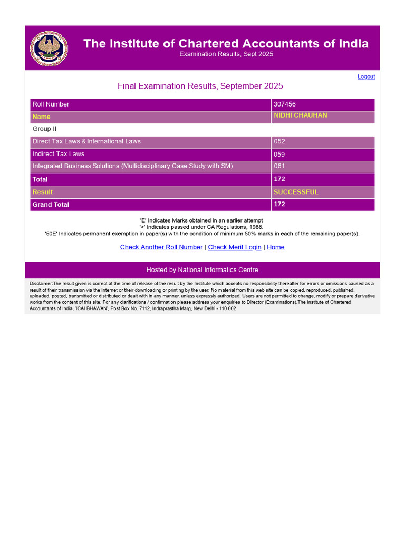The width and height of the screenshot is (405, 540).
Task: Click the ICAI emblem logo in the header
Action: coord(49,48)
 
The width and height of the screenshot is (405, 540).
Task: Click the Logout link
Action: coord(366,76)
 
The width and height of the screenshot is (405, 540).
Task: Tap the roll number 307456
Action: coord(285,104)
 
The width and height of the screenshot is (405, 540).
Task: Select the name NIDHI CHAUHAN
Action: coord(300,115)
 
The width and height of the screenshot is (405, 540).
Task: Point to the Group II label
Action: coord(44,129)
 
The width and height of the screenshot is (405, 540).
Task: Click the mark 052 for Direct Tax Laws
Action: coord(279,141)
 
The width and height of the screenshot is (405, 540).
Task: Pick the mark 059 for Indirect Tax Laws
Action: coord(279,155)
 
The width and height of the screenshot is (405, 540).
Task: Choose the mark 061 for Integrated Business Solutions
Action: coord(279,167)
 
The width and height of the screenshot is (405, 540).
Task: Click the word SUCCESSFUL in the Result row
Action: coord(296,192)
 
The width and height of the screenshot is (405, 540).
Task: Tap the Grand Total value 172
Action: coord(279,204)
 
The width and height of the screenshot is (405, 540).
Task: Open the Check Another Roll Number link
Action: coord(161,247)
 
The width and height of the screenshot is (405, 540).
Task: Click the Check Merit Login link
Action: coord(235,247)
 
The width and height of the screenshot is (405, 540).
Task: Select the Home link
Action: coord(276,247)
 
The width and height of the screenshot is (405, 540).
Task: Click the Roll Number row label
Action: coord(51,104)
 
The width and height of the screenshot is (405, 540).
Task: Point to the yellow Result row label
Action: coord(43,192)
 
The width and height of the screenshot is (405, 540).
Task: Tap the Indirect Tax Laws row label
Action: coord(59,154)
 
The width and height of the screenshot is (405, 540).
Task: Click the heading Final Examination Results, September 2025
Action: coord(200,86)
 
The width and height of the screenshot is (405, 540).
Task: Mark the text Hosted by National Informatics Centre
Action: coord(202,270)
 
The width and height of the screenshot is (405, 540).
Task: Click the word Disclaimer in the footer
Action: coord(41,284)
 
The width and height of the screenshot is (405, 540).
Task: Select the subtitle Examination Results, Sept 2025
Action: coord(226,54)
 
